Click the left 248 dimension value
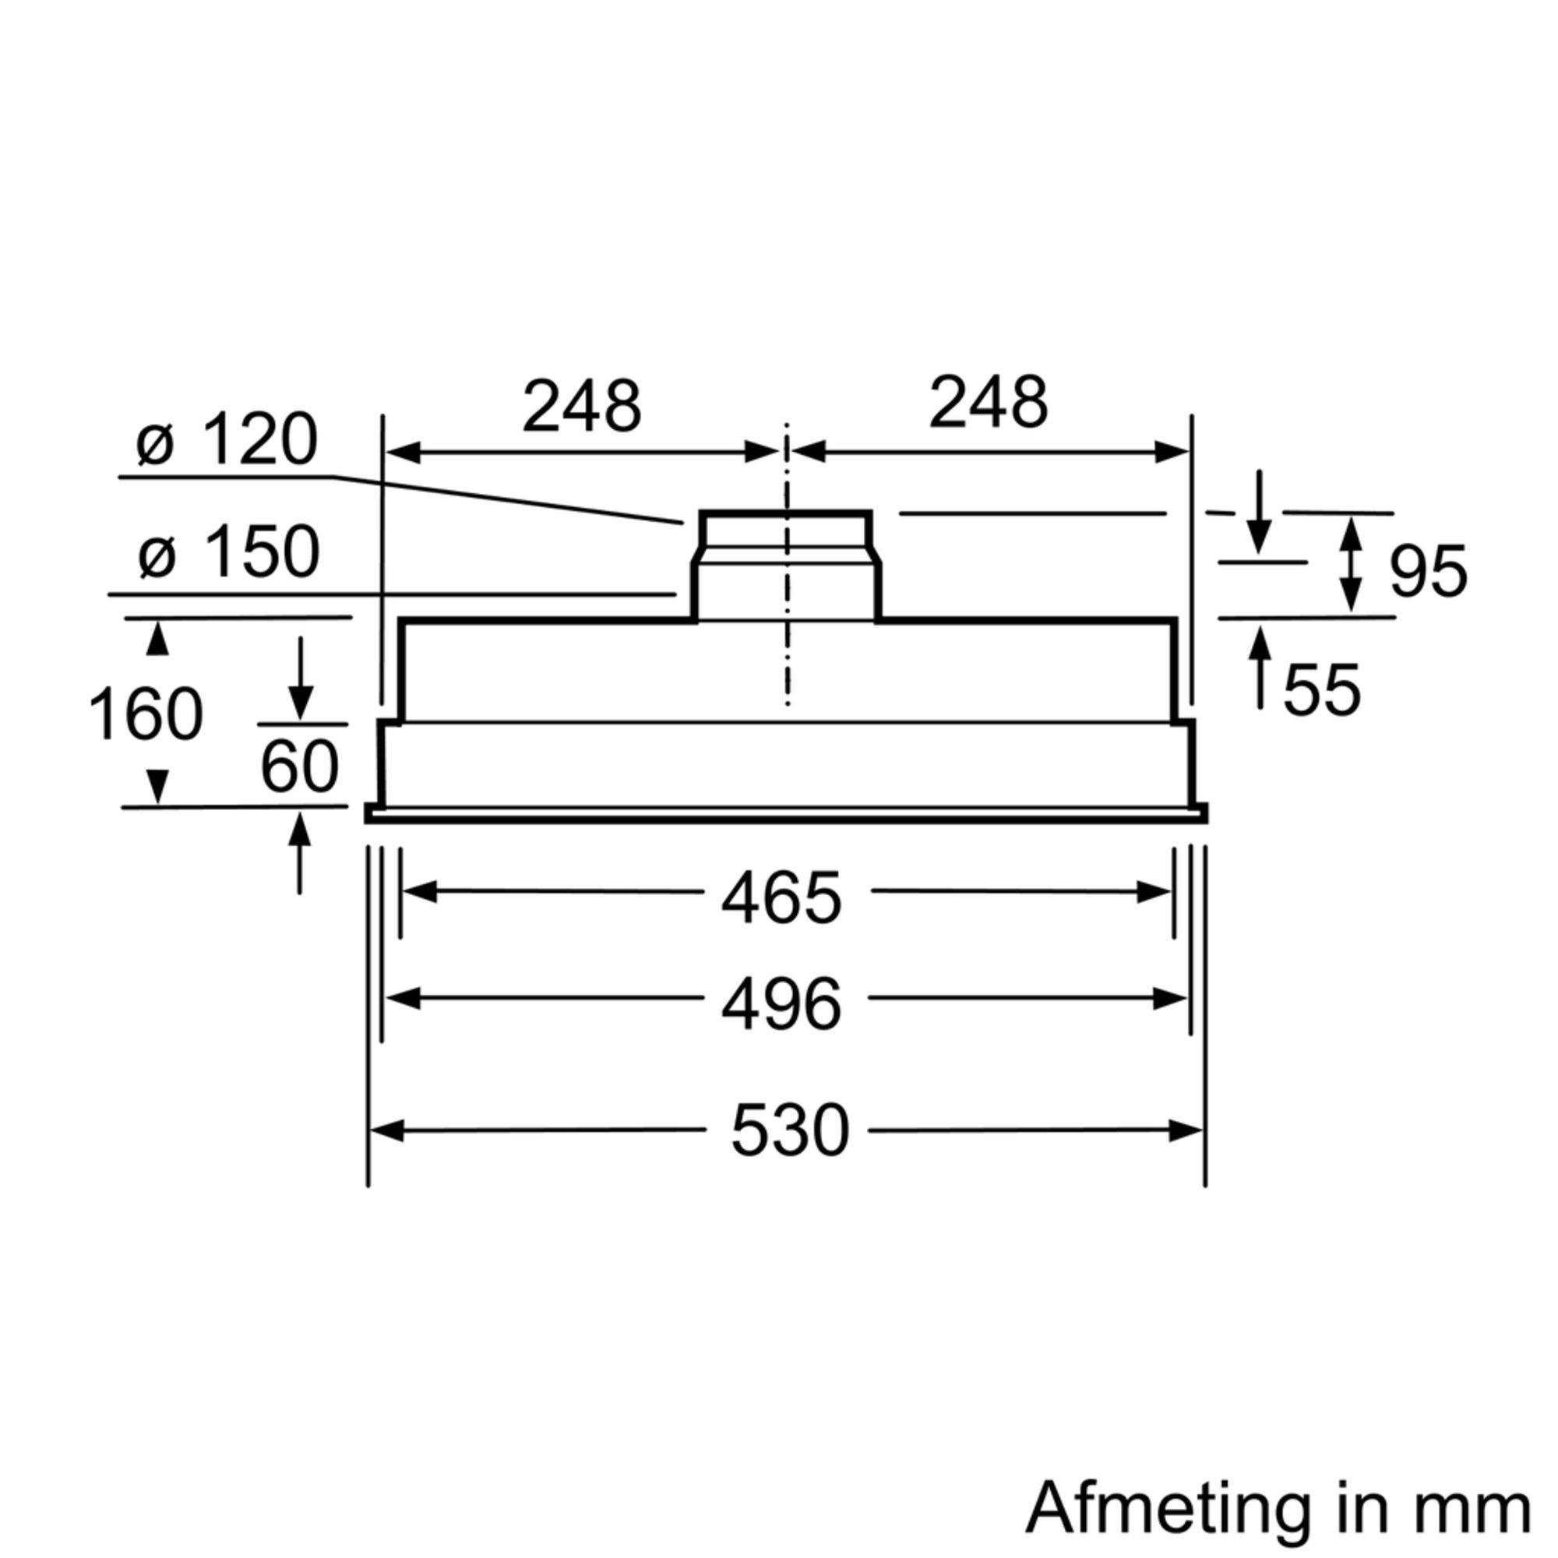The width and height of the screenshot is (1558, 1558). (581, 405)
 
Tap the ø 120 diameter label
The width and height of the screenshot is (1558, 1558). (227, 441)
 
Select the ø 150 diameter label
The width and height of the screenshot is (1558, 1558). (229, 552)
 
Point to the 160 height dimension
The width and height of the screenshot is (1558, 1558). (145, 714)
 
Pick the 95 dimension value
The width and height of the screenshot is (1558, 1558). (1428, 572)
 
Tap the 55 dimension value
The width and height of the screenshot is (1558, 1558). (1322, 690)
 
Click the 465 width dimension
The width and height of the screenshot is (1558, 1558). (781, 898)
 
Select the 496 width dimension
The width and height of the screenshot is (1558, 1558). (781, 1005)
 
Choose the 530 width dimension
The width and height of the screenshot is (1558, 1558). (789, 1131)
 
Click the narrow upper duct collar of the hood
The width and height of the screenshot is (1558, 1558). (785, 530)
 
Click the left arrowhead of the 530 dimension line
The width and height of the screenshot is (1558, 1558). (386, 1131)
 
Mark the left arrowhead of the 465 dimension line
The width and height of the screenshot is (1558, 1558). (419, 893)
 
